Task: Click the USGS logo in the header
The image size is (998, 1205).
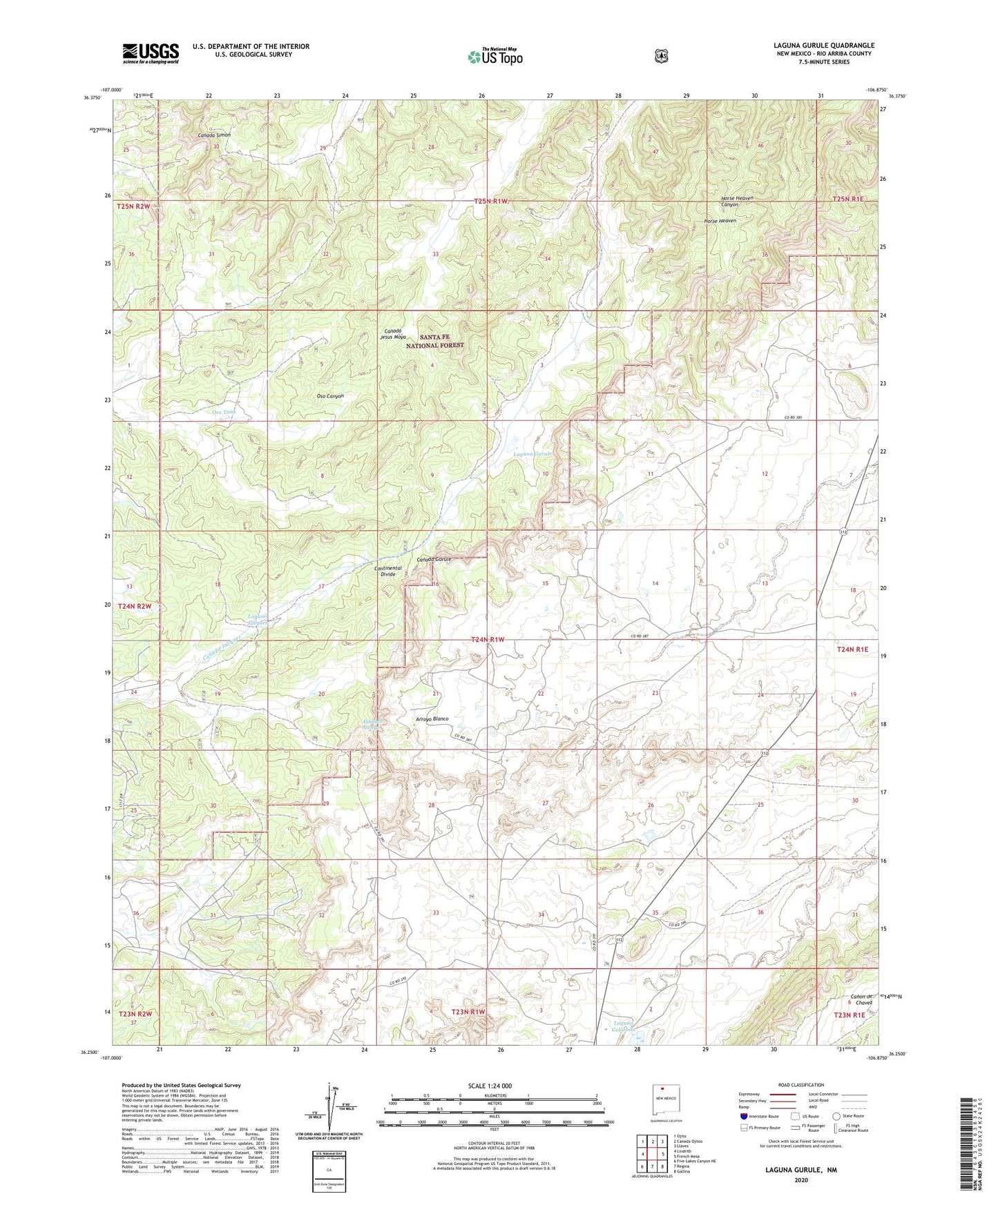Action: click(x=151, y=52)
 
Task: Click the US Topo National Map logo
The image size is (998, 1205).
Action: click(x=494, y=56)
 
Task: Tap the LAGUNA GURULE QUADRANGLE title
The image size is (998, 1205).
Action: click(x=823, y=46)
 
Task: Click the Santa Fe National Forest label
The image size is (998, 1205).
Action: click(x=434, y=341)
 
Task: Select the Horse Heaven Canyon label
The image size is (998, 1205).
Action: click(x=736, y=201)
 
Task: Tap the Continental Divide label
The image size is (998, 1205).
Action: click(x=387, y=571)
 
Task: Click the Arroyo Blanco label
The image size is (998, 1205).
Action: click(x=432, y=718)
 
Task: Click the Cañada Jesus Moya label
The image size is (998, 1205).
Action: click(x=393, y=333)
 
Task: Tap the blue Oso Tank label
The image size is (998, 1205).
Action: click(x=224, y=412)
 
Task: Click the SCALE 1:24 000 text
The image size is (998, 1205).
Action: click(x=490, y=1086)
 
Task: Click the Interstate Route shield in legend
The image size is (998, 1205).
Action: click(x=743, y=1115)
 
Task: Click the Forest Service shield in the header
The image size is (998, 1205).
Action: click(x=661, y=56)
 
